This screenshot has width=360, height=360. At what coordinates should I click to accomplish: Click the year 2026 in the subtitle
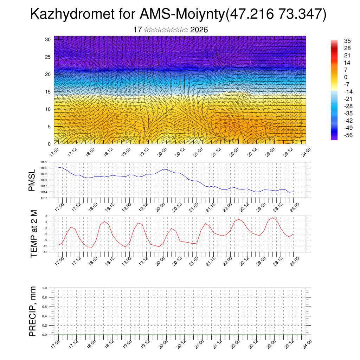click(199, 30)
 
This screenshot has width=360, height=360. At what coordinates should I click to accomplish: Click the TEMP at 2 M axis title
click(34, 233)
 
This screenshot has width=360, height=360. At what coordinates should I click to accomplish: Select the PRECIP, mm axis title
click(33, 311)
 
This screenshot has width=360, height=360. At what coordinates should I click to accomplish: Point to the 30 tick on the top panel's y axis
click(48, 39)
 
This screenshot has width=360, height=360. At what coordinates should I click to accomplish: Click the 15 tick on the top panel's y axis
click(48, 92)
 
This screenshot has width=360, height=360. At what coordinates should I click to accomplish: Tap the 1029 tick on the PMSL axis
click(44, 162)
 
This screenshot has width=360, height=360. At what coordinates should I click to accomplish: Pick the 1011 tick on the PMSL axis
click(44, 198)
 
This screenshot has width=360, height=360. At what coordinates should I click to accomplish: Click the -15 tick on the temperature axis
click(44, 252)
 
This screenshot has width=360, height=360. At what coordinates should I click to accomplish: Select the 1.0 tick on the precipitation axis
click(45, 288)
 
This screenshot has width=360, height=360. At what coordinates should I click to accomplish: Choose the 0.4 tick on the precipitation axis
click(45, 316)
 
